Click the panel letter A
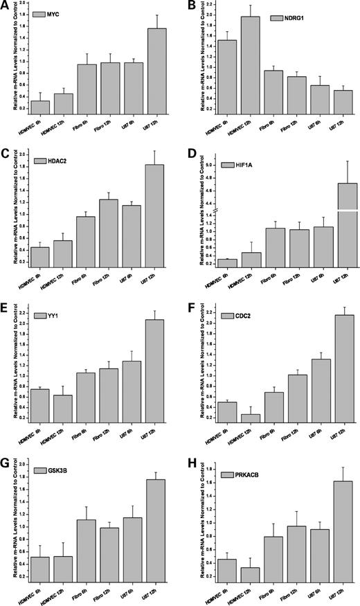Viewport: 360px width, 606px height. coord(5,6)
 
